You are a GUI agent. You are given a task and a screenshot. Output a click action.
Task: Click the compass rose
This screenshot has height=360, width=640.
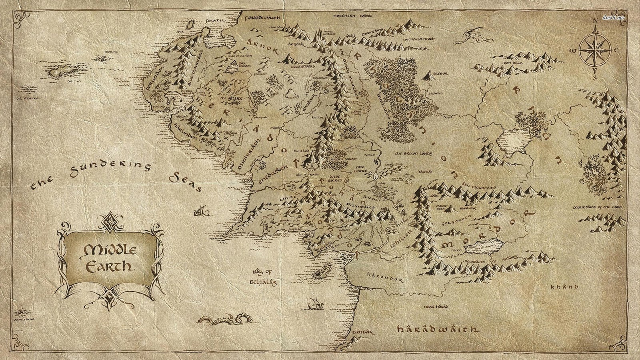coord(595,50)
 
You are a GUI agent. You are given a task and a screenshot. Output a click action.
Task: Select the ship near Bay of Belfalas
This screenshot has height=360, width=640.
coord(316,305)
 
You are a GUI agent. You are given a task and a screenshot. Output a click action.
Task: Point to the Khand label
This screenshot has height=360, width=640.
coord(564,287)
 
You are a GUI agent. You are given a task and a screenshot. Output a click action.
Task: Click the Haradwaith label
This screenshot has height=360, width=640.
coord(438,329)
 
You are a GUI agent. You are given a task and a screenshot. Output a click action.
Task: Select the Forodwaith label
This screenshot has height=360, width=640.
coord(262,18)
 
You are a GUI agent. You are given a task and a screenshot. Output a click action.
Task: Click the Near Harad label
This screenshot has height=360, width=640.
coord(436,307)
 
